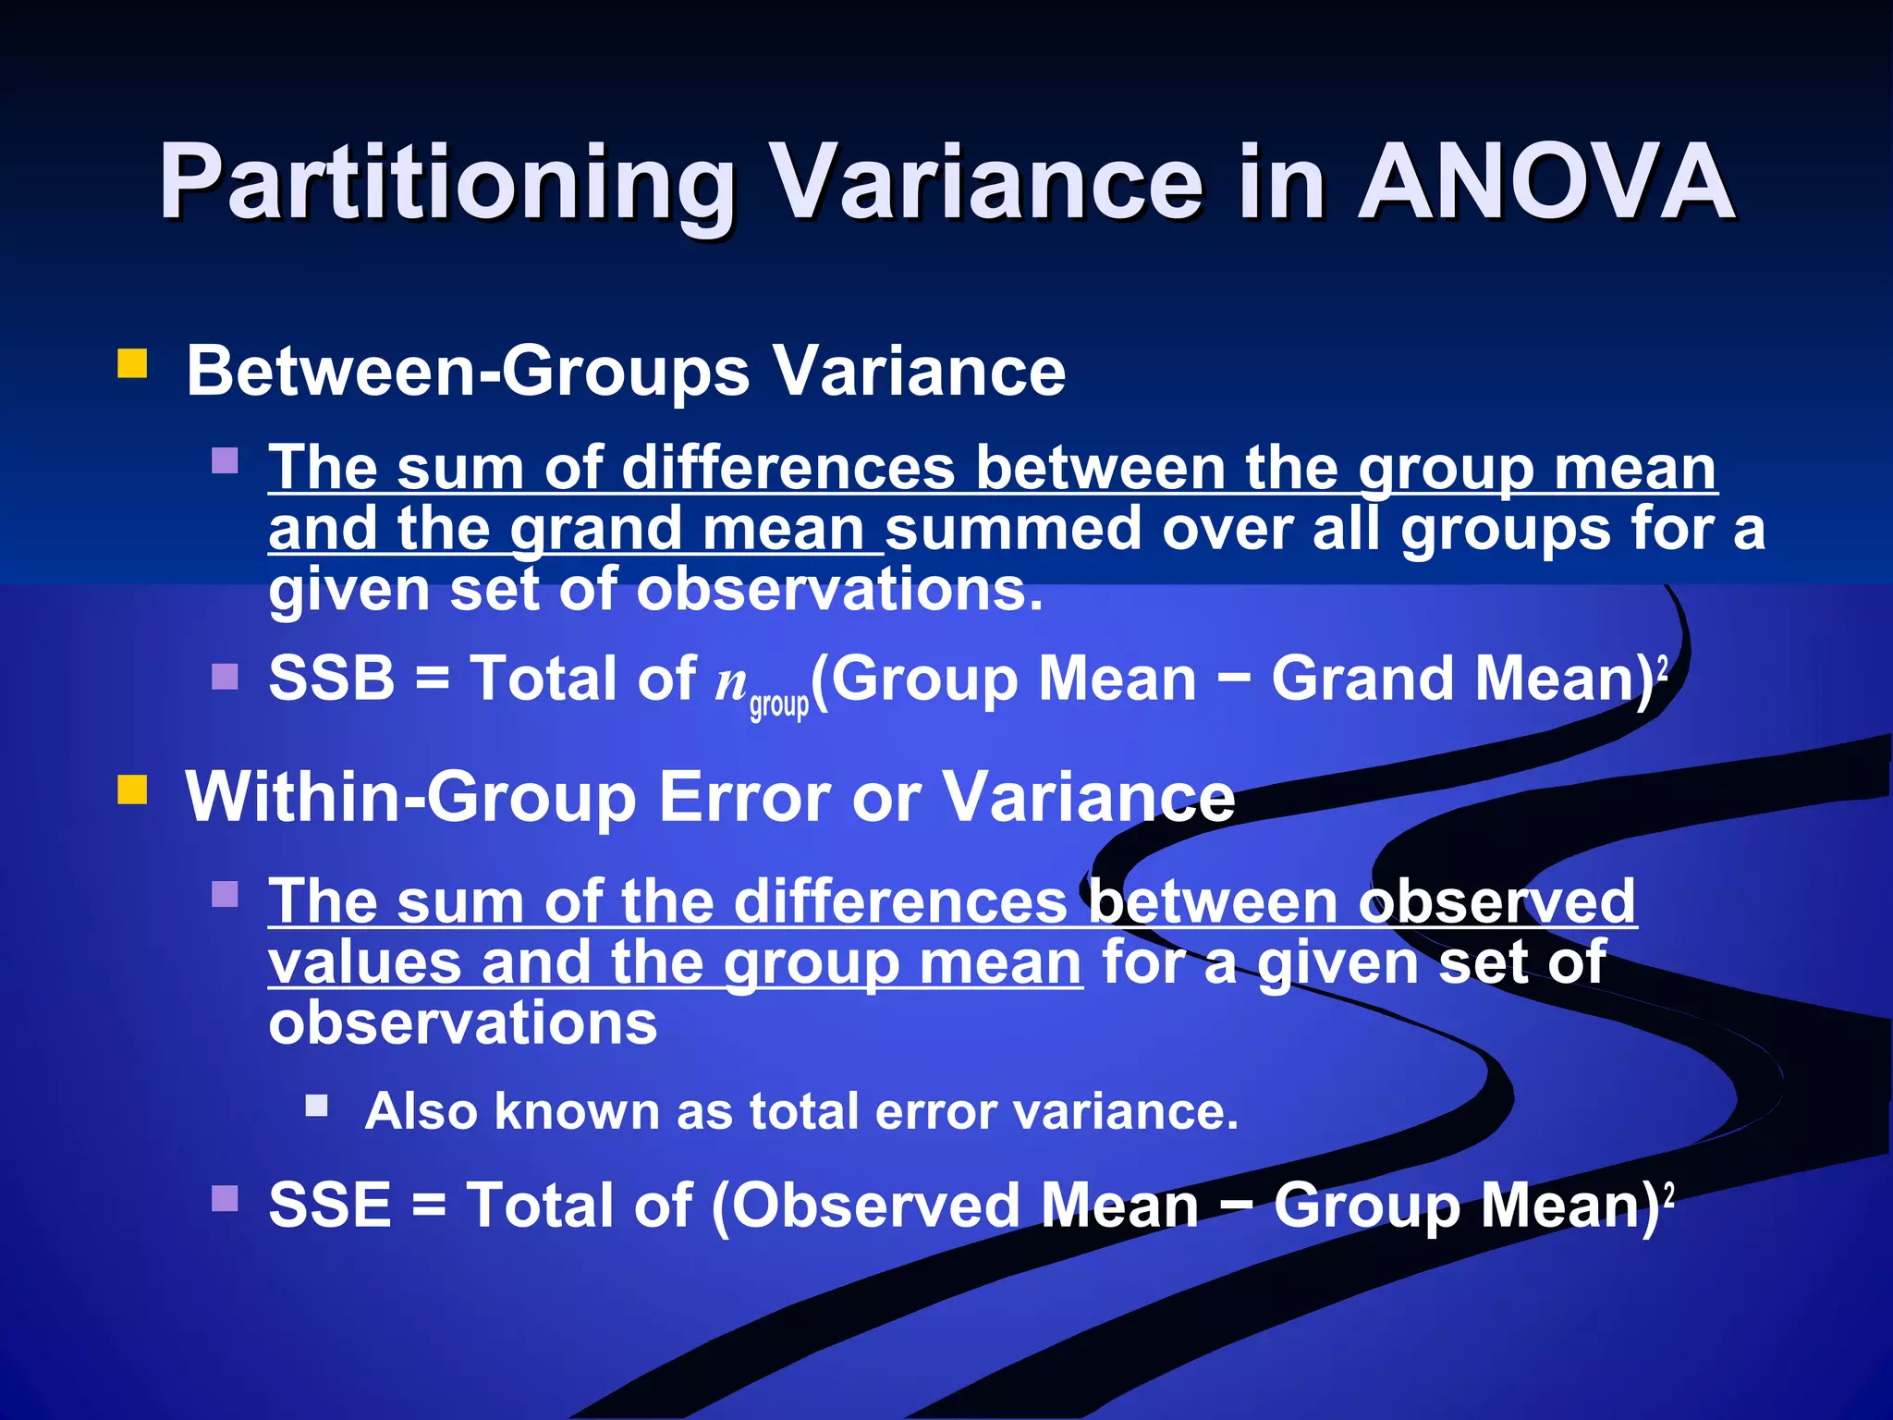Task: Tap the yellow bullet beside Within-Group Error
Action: click(x=133, y=790)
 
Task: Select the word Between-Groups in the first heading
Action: click(x=468, y=372)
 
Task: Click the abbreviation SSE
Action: click(x=330, y=1205)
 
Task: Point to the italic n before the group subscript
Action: click(x=731, y=682)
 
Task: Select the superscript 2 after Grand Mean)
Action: click(x=1663, y=666)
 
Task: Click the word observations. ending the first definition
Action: click(x=839, y=590)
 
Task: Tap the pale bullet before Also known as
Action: click(x=317, y=1106)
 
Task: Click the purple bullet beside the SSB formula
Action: click(x=225, y=677)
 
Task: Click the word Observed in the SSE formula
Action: click(x=874, y=1206)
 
